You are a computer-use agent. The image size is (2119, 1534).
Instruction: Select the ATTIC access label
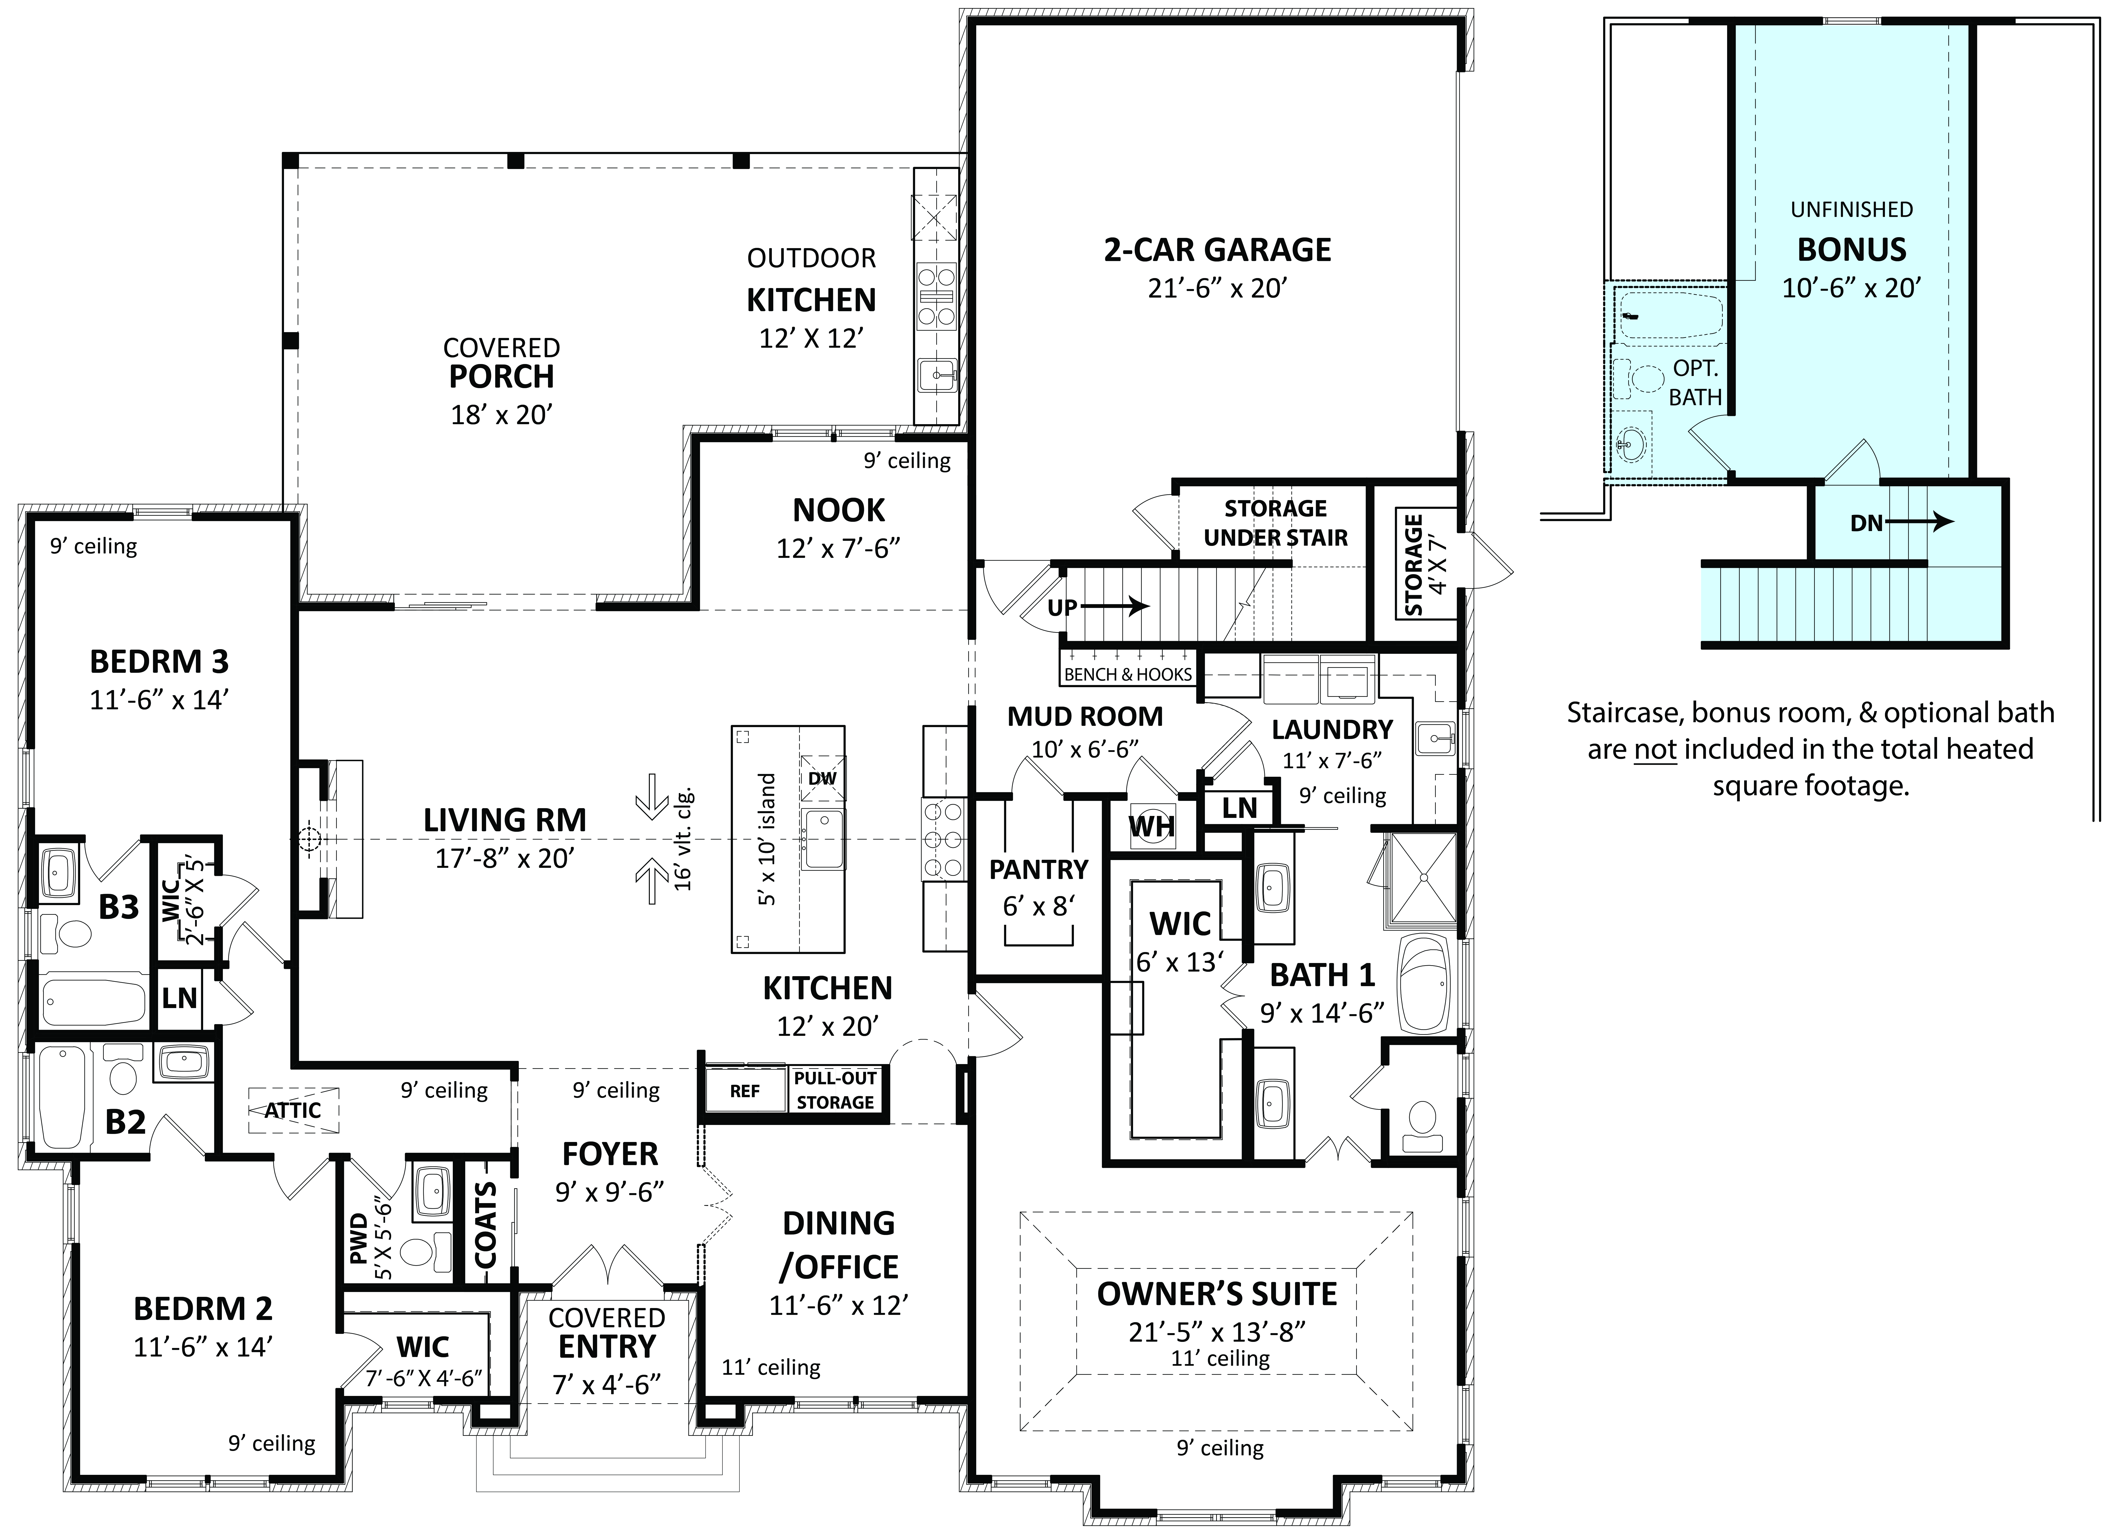point(293,1111)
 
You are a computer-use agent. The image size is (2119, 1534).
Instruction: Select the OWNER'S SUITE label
point(1216,1294)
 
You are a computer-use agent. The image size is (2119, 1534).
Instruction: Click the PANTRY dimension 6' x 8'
point(1038,906)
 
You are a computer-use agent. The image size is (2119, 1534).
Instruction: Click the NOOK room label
point(838,510)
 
